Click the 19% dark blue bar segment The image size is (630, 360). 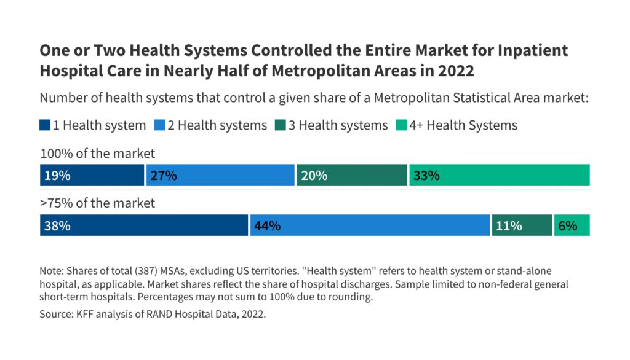[x=92, y=175]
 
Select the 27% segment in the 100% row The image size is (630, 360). [x=220, y=175]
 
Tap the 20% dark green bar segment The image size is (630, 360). [x=351, y=175]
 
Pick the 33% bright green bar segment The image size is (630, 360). [x=499, y=175]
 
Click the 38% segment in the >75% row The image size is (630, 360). [x=143, y=225]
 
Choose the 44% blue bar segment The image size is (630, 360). [x=370, y=225]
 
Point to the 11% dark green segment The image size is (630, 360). [x=522, y=225]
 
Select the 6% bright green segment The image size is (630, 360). [x=572, y=225]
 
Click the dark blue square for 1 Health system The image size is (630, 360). [x=45, y=125]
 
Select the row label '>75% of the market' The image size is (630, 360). [x=98, y=203]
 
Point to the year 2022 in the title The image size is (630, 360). [x=455, y=71]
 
